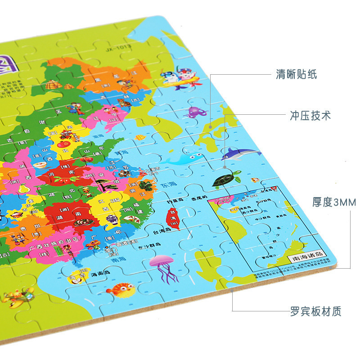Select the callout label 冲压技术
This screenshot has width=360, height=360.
click(x=310, y=116)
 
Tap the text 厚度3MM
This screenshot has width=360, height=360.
click(x=333, y=202)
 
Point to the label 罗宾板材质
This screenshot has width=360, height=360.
click(x=315, y=310)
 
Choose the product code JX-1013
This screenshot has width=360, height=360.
click(x=118, y=45)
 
